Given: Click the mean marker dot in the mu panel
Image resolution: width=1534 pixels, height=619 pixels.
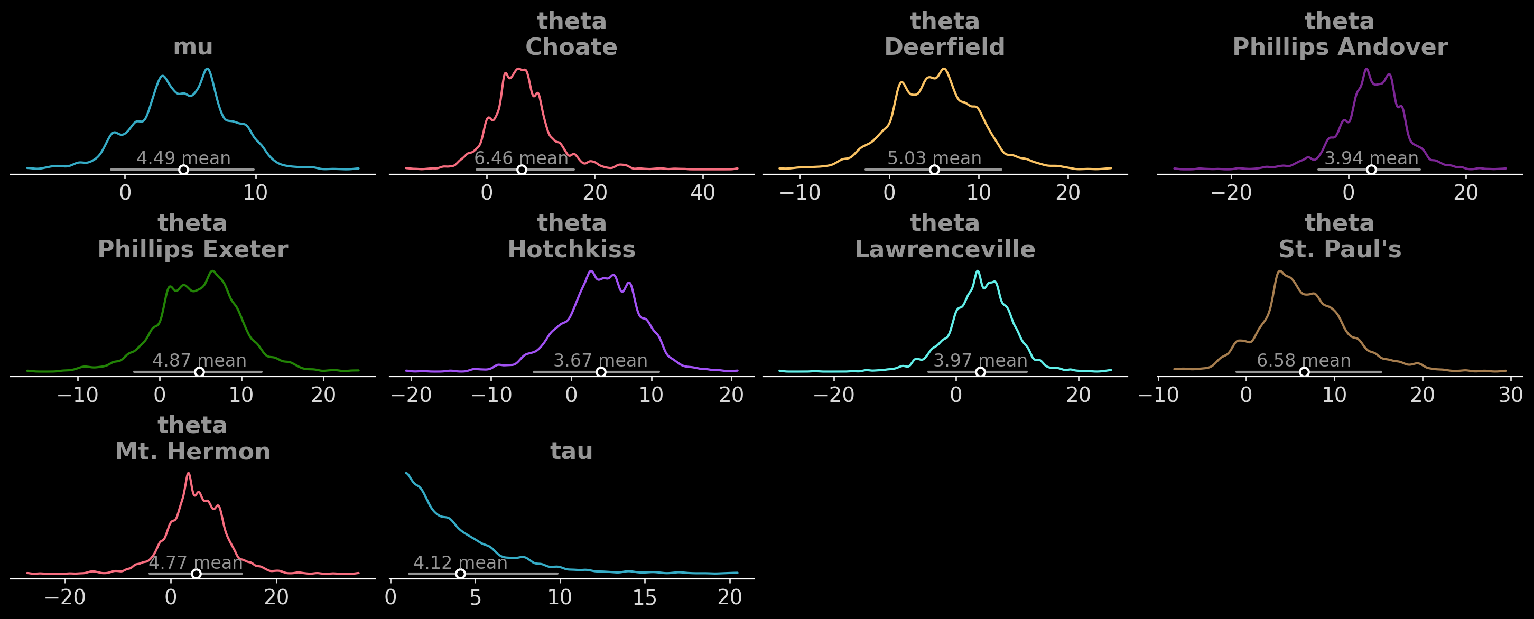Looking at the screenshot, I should (x=183, y=170).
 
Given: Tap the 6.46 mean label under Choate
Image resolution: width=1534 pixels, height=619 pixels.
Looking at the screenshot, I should (x=521, y=158).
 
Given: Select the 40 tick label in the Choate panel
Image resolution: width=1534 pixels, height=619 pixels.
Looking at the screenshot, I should (x=703, y=193).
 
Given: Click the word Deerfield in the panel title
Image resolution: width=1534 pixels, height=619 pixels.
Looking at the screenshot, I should (x=944, y=47).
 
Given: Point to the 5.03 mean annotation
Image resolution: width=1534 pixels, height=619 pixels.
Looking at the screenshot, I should (x=934, y=158).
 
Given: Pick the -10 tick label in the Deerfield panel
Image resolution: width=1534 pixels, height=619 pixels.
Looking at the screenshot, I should (x=799, y=193).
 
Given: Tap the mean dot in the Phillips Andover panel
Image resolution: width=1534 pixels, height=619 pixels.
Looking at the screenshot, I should (x=1371, y=170).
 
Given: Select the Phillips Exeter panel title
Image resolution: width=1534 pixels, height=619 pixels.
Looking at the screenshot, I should (x=192, y=249).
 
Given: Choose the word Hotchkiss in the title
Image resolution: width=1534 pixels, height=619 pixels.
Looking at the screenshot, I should (x=571, y=249).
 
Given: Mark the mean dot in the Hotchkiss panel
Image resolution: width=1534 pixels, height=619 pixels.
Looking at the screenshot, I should (x=601, y=372).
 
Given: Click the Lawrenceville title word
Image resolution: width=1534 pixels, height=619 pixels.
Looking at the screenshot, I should (x=944, y=249).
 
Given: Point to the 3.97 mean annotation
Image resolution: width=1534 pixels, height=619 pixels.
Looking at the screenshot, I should (x=980, y=361).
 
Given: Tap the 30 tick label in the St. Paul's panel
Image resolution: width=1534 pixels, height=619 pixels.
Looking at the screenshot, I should (x=1510, y=395).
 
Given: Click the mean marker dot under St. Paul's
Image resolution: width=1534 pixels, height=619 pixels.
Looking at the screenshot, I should (x=1304, y=372).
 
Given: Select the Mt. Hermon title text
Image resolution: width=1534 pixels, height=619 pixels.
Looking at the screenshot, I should (x=192, y=451).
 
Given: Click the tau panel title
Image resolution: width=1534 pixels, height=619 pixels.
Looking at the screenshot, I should (x=571, y=451).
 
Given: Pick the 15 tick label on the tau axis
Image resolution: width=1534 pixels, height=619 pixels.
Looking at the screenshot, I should (x=644, y=597).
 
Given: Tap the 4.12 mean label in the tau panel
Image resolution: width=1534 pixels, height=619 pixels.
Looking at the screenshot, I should (x=460, y=562).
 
